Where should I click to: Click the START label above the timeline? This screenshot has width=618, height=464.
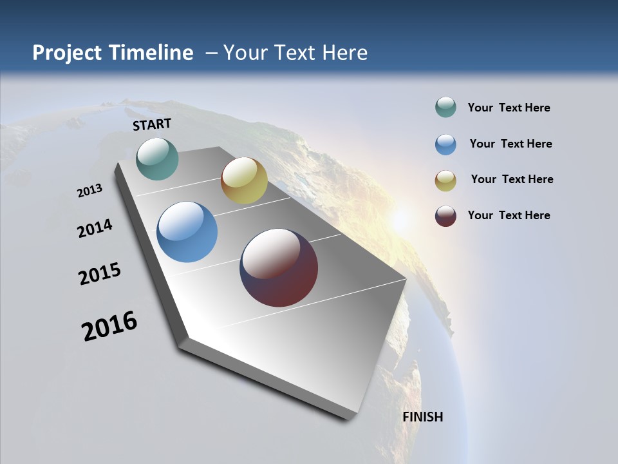[152, 124]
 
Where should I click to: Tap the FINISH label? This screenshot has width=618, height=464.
[423, 417]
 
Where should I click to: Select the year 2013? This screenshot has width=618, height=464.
[89, 191]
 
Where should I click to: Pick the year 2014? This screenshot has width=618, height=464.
[95, 228]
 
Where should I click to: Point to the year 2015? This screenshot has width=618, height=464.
[99, 274]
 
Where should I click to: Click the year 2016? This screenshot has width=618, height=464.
[109, 326]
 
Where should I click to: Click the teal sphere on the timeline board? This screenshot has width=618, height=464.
[157, 159]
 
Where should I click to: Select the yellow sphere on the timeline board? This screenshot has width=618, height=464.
[244, 180]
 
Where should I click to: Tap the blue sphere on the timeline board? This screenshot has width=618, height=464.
[187, 232]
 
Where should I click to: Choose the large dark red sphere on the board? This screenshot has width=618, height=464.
[279, 267]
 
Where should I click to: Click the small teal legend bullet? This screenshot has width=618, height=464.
[445, 108]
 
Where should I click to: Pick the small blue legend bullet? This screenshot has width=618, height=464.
[445, 144]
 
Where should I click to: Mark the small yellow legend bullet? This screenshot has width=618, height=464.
[445, 180]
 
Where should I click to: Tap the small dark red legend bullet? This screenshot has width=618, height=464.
[445, 216]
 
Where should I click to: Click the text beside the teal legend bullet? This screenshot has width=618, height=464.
[509, 108]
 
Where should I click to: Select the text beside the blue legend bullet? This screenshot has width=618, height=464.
[510, 144]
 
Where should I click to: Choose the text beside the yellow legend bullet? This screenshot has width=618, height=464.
[512, 179]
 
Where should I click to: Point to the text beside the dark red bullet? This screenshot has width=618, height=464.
[509, 215]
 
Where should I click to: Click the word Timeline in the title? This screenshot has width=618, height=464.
[152, 53]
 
